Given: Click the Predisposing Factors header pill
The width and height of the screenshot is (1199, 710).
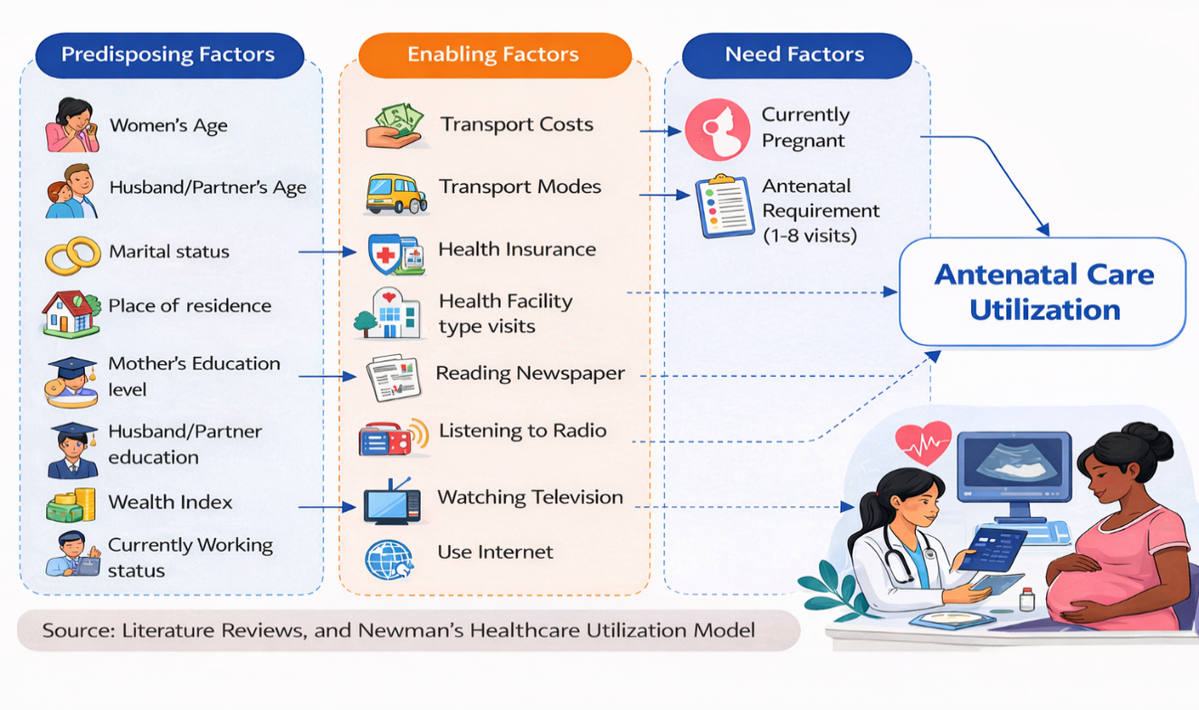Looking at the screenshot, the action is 170,55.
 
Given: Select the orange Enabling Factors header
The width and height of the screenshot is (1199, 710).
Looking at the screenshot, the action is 495,55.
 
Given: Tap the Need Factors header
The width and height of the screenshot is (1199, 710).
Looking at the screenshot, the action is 797,55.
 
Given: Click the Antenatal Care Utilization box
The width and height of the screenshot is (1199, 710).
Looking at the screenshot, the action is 1042,292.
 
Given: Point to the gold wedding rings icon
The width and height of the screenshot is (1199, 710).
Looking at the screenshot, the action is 72,255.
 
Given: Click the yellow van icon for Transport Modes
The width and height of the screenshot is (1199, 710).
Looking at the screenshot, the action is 396,194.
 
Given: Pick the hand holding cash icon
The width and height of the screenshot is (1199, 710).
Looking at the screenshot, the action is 395,126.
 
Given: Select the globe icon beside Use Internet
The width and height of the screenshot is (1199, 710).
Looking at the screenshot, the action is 389,560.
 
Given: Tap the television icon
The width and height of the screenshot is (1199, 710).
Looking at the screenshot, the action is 392,501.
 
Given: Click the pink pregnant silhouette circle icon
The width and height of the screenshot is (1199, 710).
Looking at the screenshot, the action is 718,130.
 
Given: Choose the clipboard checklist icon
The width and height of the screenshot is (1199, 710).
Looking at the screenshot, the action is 725,206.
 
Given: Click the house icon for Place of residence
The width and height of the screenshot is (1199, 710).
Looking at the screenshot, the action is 71,314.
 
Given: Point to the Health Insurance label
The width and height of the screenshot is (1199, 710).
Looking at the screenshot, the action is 517,249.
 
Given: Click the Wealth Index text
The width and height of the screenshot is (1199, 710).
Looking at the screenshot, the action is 170,502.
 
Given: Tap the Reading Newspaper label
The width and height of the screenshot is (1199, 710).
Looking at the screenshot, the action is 530,373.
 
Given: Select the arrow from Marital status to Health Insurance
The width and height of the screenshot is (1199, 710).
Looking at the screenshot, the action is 328,252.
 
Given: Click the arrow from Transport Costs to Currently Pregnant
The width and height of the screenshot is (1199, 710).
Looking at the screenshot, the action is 661,130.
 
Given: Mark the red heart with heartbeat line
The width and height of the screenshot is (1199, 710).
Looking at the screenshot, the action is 923,443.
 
